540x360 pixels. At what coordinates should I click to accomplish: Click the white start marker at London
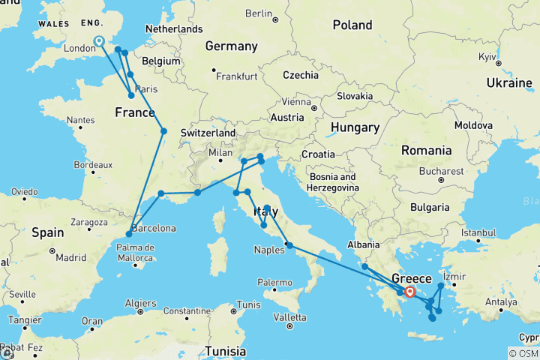(x=99, y=41)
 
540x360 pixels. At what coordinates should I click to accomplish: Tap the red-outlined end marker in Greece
(x=409, y=292)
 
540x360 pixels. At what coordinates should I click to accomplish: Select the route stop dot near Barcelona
(x=129, y=235)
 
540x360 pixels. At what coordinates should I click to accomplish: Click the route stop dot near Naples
(x=289, y=245)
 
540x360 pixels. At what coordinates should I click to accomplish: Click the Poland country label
(x=352, y=25)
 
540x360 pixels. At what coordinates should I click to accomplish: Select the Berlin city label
(x=257, y=13)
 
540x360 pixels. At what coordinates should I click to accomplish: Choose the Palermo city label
(x=274, y=282)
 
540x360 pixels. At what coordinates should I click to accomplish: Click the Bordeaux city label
(x=94, y=165)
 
